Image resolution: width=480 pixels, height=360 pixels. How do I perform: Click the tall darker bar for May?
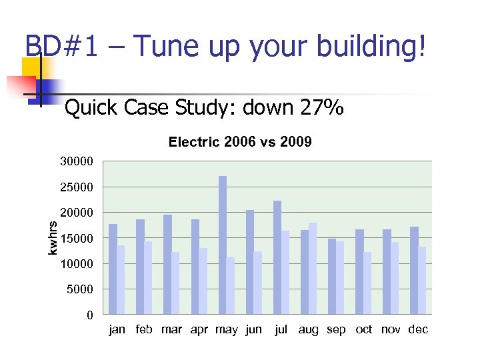223,245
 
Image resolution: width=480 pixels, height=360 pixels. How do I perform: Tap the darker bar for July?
277,257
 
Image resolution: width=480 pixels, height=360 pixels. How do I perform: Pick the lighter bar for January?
121,279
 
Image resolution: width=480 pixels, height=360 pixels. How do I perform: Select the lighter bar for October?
367,283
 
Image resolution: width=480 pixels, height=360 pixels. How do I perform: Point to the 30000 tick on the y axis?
77,161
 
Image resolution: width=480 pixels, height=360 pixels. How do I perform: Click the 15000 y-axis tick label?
77,238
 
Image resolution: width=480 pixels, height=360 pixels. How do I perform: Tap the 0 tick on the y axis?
89,315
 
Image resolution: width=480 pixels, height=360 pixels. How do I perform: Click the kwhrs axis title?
53,238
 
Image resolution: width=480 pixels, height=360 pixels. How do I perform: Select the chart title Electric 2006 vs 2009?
240,142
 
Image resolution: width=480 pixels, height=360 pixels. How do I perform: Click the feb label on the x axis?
145,329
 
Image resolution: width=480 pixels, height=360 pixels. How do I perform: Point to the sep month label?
336,329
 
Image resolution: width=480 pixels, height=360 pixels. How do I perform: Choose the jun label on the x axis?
253,329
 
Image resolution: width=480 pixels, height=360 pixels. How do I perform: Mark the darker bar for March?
167,264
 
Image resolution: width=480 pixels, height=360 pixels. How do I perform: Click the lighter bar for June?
258,282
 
